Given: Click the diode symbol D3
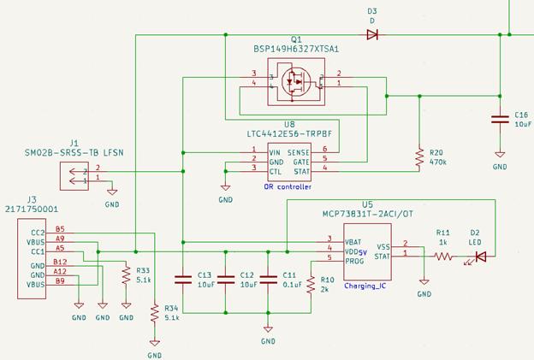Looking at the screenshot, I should click(372, 35).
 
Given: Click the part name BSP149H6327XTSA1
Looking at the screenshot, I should click(296, 50).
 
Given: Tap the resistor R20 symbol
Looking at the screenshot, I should click(419, 157).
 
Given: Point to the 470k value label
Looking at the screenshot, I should click(437, 161).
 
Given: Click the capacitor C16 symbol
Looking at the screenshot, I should click(500, 119).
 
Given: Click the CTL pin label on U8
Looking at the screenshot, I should click(274, 171).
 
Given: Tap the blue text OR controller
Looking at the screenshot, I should click(288, 186).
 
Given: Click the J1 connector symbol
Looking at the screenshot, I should click(74, 175).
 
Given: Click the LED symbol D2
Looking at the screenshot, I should click(479, 255).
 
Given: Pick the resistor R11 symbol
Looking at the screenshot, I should click(443, 255).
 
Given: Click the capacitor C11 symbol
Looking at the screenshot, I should click(268, 279).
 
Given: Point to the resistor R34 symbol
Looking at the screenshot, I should click(155, 314).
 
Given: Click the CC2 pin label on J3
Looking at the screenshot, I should click(37, 233).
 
